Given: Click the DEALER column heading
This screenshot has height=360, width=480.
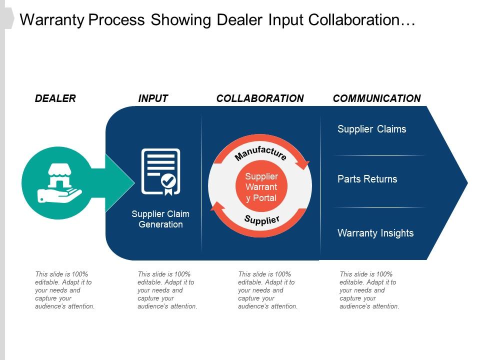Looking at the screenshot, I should click(x=55, y=98).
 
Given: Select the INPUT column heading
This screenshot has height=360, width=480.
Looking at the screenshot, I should click(x=153, y=98).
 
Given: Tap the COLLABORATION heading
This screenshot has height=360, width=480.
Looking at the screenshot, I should click(x=260, y=98).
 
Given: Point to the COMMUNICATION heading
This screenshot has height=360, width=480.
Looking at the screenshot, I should click(x=376, y=98).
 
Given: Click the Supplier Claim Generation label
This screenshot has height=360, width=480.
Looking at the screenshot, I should click(x=160, y=219).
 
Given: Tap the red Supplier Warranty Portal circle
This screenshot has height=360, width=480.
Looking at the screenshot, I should click(x=261, y=187).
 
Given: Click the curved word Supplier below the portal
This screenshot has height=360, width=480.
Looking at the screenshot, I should click(x=261, y=219).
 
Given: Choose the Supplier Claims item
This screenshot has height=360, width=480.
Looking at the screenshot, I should click(x=371, y=129).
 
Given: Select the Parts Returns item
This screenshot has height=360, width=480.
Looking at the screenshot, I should click(x=367, y=179).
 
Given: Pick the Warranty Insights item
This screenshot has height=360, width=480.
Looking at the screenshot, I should click(x=375, y=233).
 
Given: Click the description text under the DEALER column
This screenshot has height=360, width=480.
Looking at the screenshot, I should click(x=64, y=290).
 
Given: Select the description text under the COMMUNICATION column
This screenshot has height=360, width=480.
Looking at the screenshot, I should click(x=369, y=290).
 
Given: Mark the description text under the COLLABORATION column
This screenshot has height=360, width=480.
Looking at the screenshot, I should click(x=267, y=290).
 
